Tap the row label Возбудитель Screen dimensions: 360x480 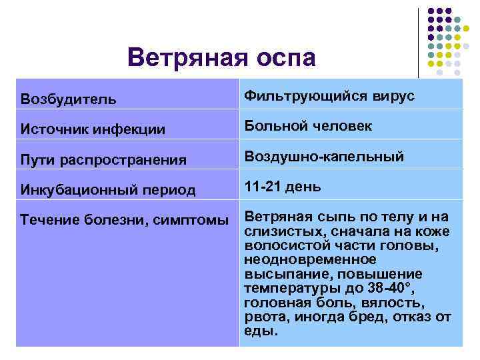(68, 99)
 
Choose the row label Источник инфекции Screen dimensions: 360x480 (93, 129)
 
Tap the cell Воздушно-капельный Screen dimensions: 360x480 (324, 157)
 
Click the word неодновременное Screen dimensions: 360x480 (310, 259)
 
